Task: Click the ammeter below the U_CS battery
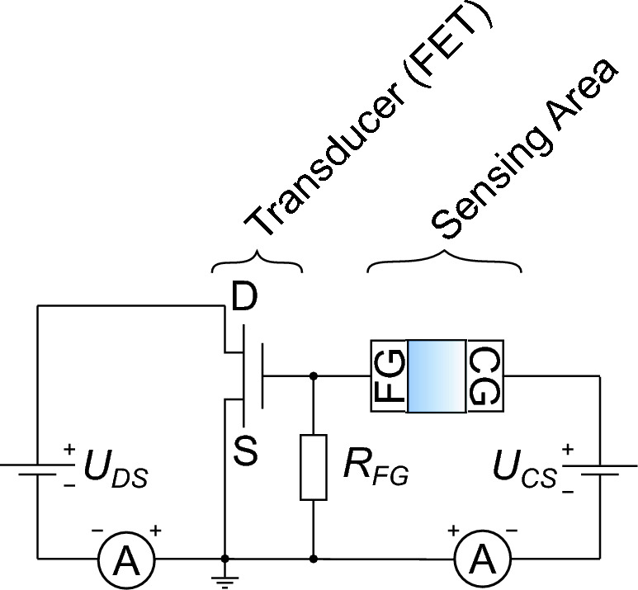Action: [481, 560]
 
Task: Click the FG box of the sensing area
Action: [388, 377]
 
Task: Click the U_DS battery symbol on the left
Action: [38, 470]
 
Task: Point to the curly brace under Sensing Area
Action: [444, 263]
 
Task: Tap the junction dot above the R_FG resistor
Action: [314, 376]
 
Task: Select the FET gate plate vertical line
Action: [262, 377]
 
